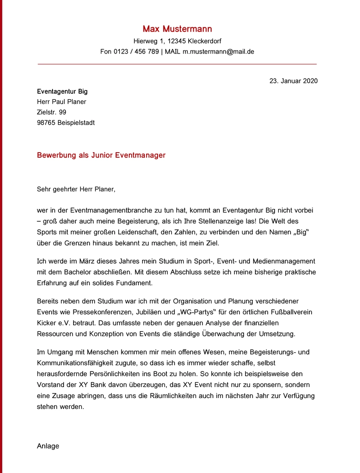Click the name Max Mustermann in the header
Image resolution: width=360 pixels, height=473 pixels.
(x=177, y=29)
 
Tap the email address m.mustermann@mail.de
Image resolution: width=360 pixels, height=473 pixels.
(x=218, y=52)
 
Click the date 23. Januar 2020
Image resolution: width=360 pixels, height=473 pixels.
(x=293, y=81)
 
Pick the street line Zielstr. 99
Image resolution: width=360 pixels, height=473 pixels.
(x=52, y=112)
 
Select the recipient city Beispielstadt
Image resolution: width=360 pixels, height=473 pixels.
(x=76, y=123)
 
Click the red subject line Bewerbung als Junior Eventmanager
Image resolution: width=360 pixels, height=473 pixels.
(x=101, y=155)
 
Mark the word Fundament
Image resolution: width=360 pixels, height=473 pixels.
(x=135, y=283)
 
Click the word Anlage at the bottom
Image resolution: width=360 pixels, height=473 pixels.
(x=48, y=446)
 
